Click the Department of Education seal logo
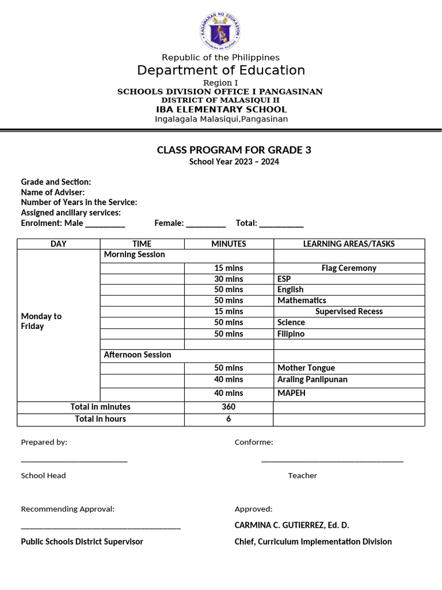220,32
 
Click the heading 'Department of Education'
220,70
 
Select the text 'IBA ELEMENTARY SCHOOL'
220,109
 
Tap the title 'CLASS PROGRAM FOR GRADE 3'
234,150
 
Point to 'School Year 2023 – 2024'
234,162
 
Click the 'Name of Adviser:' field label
53,192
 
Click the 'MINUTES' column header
228,244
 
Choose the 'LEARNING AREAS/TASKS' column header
349,244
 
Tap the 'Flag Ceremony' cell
349,268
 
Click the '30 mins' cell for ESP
228,279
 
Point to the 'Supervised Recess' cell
349,311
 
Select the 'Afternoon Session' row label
138,355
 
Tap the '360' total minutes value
228,407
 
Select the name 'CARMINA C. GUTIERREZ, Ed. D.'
292,525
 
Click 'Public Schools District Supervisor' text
82,542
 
